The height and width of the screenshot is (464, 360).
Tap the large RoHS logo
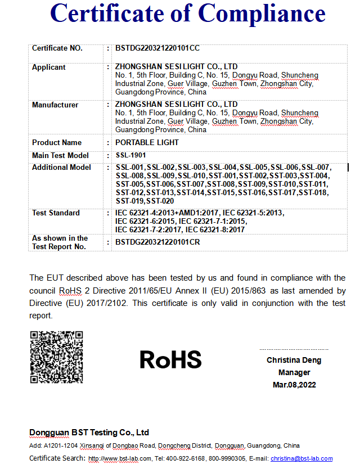[x=170, y=359]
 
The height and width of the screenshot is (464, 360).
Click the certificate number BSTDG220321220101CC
[x=157, y=48]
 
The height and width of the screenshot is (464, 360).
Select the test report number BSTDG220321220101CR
[x=157, y=242]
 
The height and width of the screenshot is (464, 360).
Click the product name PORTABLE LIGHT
[x=147, y=142]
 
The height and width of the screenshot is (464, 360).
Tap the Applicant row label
[x=49, y=67]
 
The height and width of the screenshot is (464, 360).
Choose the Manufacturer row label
[x=55, y=105]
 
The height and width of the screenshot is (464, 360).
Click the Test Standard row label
[x=56, y=213]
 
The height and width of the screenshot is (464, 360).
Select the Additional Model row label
[x=61, y=168]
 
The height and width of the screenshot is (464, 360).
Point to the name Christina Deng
[x=294, y=360]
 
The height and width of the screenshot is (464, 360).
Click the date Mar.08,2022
[x=294, y=385]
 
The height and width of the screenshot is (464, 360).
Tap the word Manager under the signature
[x=294, y=372]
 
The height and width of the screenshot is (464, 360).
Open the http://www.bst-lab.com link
[x=120, y=459]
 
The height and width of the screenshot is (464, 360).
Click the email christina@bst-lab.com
[x=301, y=459]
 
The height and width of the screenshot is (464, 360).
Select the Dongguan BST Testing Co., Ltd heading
[x=89, y=433]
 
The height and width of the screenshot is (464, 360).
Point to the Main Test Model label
[x=60, y=155]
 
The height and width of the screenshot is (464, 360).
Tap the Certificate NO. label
[x=57, y=48]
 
